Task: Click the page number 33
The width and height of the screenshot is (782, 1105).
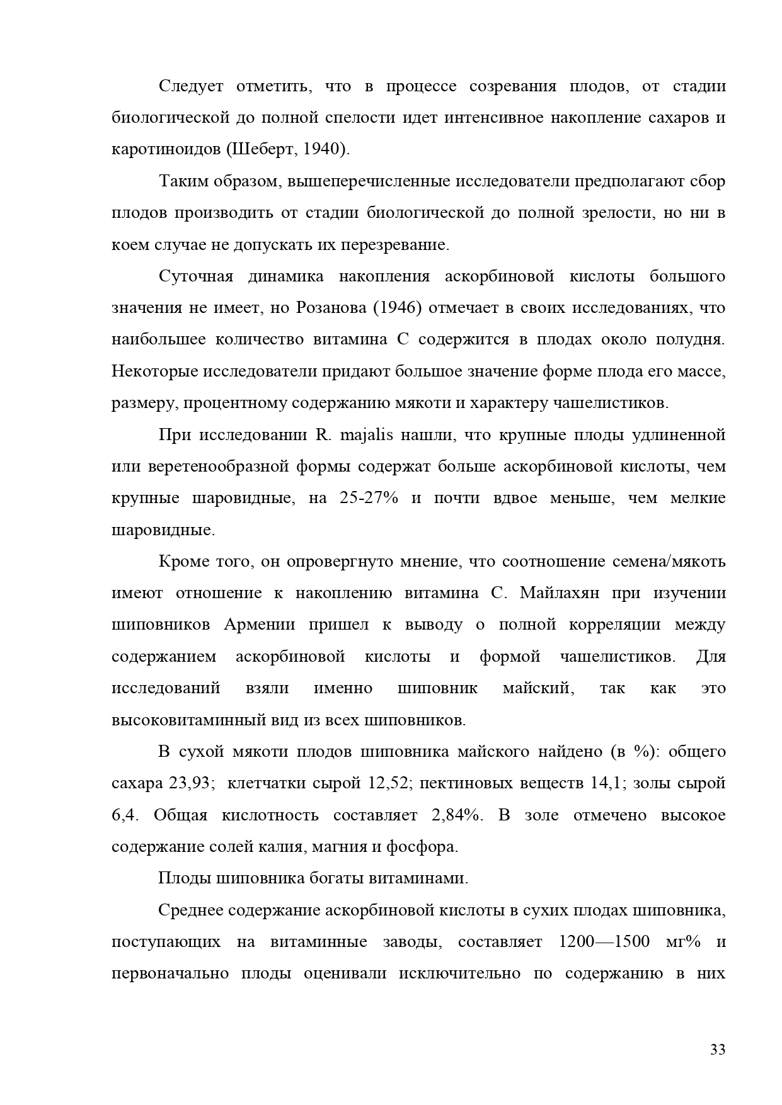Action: pos(718,1050)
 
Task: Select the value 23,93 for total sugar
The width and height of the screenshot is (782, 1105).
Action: pos(192,783)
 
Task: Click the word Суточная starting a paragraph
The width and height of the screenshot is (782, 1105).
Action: pos(196,276)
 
